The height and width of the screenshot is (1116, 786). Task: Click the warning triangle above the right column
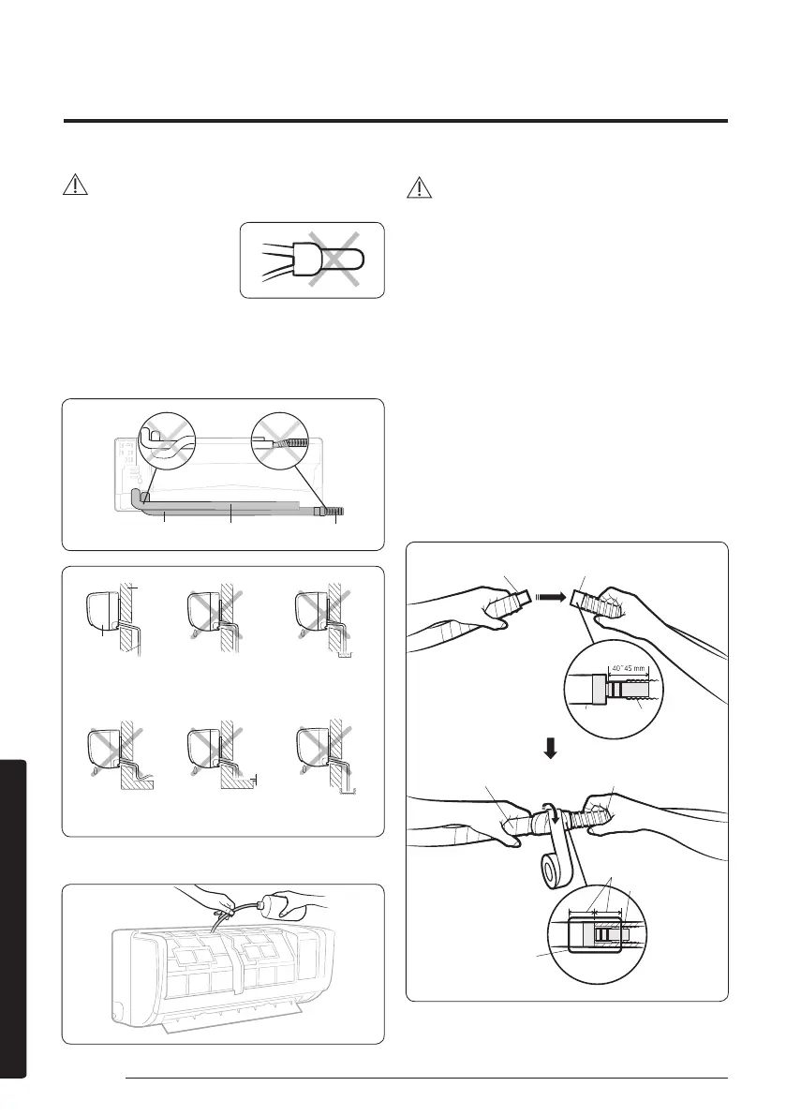pyautogui.click(x=420, y=187)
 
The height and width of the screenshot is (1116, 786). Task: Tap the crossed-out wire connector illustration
pyautogui.click(x=312, y=260)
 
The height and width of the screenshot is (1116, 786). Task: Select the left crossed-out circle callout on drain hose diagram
pyautogui.click(x=167, y=441)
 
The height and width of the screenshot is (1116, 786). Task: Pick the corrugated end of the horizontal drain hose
pyautogui.click(x=334, y=511)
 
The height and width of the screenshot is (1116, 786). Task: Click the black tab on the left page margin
pyautogui.click(x=13, y=919)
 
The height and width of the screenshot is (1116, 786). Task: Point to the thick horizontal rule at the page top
pyautogui.click(x=395, y=121)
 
